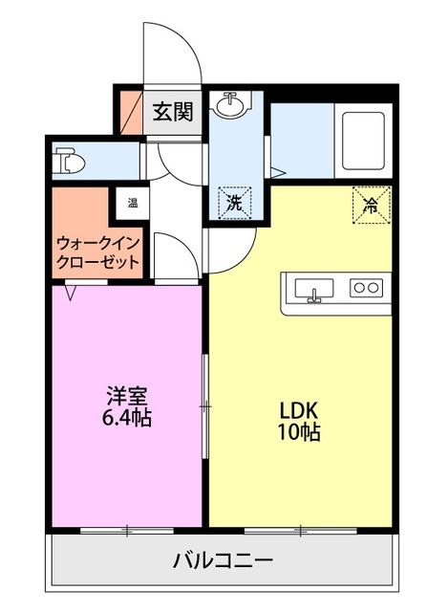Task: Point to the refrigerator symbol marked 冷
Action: coord(371,203)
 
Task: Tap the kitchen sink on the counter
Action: coord(312,288)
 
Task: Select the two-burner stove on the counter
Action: coord(366,287)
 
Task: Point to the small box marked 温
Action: coord(129,203)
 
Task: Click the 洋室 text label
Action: coord(125,395)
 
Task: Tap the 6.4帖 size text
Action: coord(125,417)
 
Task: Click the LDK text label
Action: coord(299,409)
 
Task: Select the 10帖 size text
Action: coord(299,432)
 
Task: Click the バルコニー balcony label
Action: coord(223,560)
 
